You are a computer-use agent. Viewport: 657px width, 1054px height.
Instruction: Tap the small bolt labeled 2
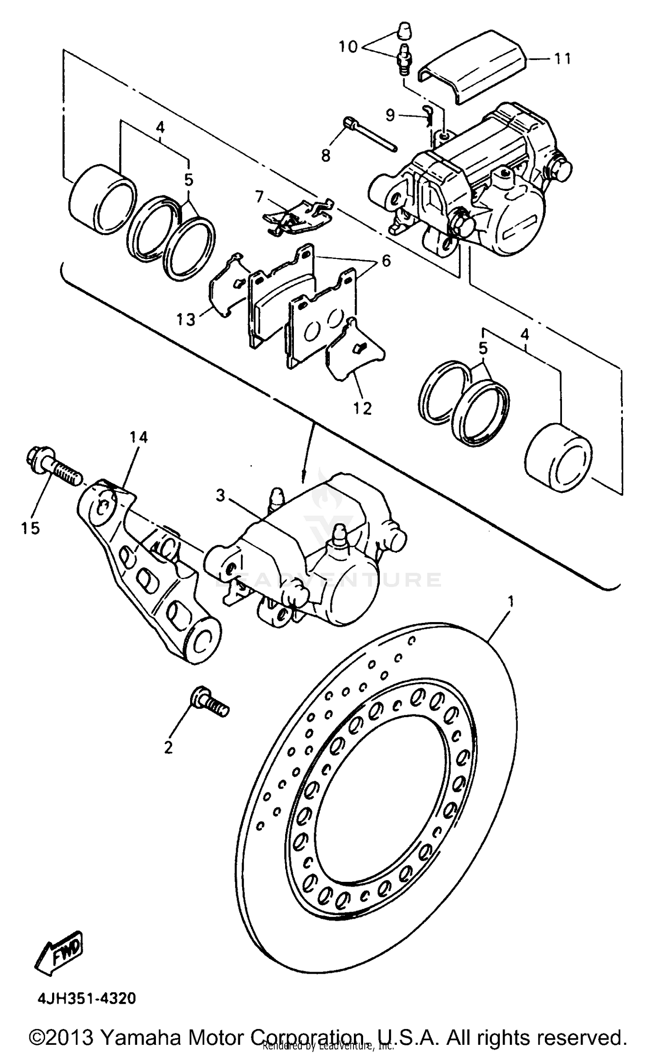(209, 705)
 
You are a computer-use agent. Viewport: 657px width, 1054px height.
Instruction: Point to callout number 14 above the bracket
(138, 437)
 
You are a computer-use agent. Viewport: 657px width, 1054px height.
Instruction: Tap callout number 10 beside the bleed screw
(348, 46)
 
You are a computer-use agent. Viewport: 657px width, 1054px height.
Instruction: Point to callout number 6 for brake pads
(385, 261)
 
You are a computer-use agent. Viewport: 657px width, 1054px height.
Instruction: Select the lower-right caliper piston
(558, 458)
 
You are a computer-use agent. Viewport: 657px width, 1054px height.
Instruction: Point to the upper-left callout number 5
(188, 180)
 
